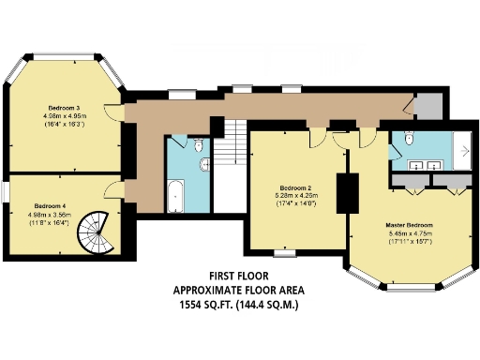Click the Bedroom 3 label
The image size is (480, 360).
tap(63, 108)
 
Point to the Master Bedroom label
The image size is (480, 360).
tap(409, 226)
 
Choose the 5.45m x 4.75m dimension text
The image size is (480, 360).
tap(409, 235)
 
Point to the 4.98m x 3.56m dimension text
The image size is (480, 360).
tap(49, 215)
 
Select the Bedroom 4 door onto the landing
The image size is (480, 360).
tap(114, 190)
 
